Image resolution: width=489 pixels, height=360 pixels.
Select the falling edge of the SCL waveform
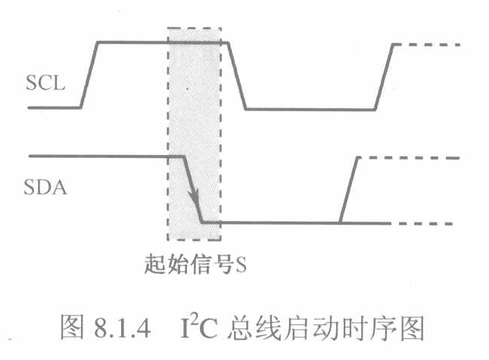237,76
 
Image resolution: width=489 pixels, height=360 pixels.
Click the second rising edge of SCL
384,76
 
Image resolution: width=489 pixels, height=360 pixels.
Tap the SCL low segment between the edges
310,110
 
